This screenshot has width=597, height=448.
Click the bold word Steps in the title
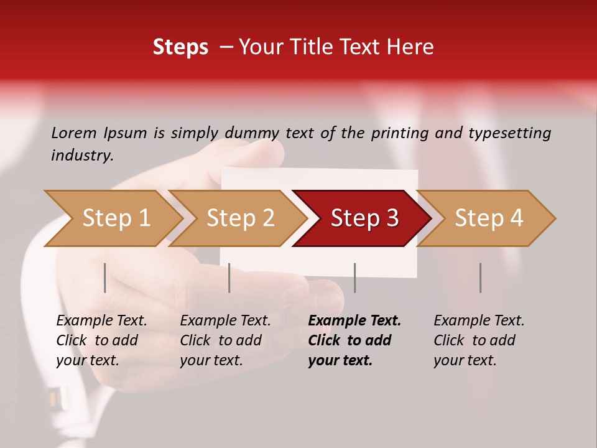[x=180, y=47]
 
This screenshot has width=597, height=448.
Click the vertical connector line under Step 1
[x=105, y=278]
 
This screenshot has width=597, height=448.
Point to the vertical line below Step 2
[x=229, y=278]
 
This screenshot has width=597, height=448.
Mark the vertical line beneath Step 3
[x=354, y=278]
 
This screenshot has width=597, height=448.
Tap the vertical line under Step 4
[x=480, y=278]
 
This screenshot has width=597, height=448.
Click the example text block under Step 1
[x=101, y=340]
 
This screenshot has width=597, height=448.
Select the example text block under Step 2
[x=225, y=340]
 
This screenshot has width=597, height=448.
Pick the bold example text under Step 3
[x=354, y=340]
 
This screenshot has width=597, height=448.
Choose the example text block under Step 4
[x=479, y=340]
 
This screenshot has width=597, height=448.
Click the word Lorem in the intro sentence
[x=73, y=133]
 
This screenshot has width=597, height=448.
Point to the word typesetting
[x=510, y=133]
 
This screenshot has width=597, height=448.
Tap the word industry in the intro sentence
[x=81, y=156]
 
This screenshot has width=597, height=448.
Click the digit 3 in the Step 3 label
[x=392, y=218]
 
